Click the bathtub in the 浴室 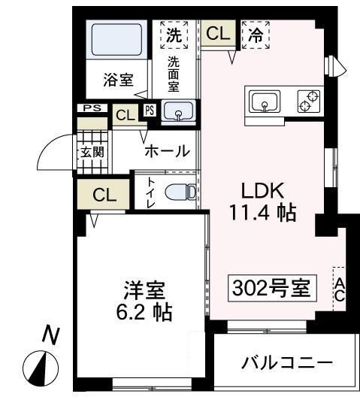[x=116, y=39]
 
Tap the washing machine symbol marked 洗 [x=174, y=35]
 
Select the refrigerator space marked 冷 [x=256, y=35]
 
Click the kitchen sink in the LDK [x=265, y=101]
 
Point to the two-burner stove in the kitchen [x=309, y=101]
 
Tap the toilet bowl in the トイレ [x=181, y=192]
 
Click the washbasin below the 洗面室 [x=179, y=111]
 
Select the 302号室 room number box [x=272, y=288]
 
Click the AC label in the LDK [x=340, y=289]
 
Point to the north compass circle [x=41, y=368]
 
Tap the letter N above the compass [x=51, y=335]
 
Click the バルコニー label [x=287, y=363]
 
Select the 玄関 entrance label [x=92, y=152]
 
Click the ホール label [x=167, y=151]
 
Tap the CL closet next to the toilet [x=104, y=195]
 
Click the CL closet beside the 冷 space [x=218, y=34]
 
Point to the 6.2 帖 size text [x=144, y=312]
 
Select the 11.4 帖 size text [x=262, y=212]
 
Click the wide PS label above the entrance [x=92, y=108]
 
